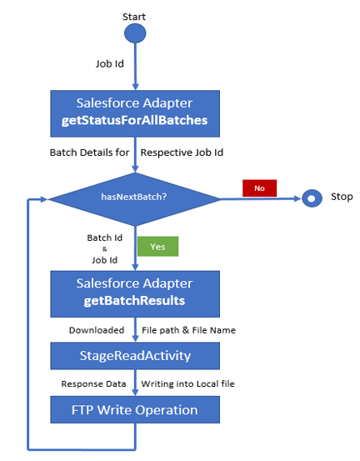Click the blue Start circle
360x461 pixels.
pos(135,33)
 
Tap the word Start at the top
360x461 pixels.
pos(135,16)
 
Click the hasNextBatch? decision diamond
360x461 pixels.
pos(135,198)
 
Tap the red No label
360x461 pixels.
pos(259,188)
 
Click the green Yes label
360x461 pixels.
pos(158,247)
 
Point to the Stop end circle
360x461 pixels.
pos(312,198)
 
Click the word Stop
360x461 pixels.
pos(342,198)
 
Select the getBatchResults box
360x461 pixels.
pos(134,293)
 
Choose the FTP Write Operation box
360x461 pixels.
pos(134,410)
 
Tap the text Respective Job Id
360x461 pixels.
pos(182,153)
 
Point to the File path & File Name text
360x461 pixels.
pos(188,330)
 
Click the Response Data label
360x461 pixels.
pos(92,384)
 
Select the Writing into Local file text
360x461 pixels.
pos(187,384)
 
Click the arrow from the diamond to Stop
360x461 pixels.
pos(262,198)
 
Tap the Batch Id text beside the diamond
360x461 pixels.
pos(104,238)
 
